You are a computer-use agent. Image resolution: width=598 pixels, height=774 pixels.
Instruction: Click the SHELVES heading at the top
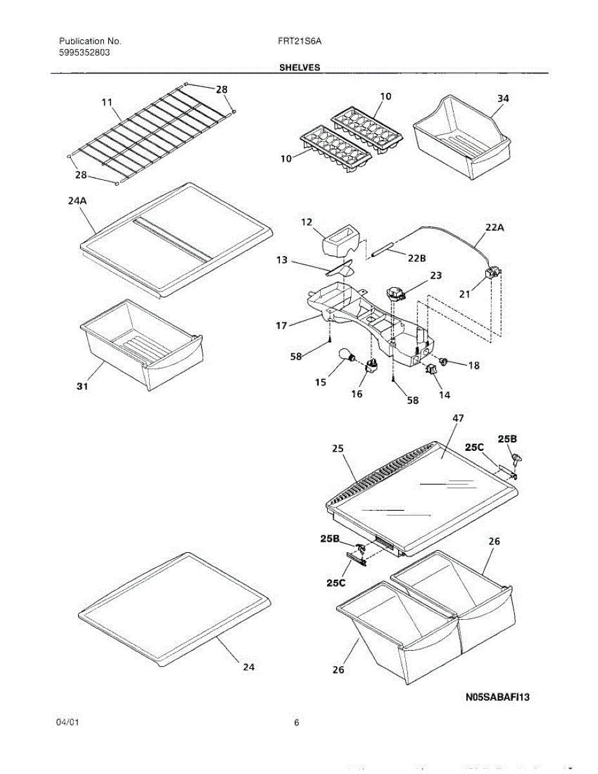coord(299,67)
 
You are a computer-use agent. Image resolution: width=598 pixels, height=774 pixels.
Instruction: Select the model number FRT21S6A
coord(296,41)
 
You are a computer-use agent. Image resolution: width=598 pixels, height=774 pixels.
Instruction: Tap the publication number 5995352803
coord(79,52)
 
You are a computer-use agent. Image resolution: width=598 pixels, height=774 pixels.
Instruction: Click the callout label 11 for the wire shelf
coord(106,102)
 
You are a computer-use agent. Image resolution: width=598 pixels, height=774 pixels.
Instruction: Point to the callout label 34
coord(503,98)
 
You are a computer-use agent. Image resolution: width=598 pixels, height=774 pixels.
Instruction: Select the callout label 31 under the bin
coord(81,387)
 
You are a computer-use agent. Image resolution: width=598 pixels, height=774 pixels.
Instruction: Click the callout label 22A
coord(495,226)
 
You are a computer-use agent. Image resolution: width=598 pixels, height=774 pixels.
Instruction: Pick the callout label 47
coord(458,419)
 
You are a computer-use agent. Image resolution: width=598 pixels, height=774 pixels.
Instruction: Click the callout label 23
coord(436,275)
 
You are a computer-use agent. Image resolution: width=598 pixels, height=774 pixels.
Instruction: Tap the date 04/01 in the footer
coord(68,723)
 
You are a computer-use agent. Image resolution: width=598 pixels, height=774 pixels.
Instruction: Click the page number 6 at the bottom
coord(296,723)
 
